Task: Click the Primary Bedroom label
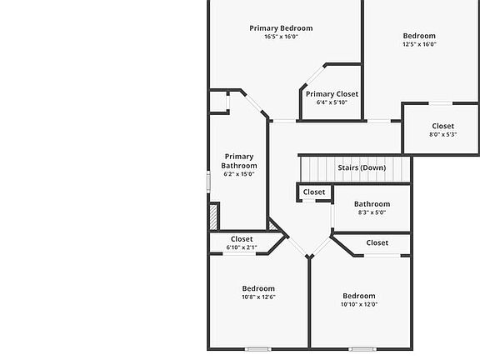tap(281, 28)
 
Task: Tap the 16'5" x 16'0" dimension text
tap(281, 37)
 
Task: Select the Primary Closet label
tap(332, 94)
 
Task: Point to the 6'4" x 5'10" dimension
tap(332, 102)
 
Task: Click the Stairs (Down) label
tap(362, 167)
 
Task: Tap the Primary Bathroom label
tap(239, 161)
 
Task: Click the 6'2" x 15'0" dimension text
tap(239, 174)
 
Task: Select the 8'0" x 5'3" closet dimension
tap(443, 134)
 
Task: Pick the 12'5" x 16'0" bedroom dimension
tap(419, 44)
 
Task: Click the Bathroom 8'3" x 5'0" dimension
tap(372, 212)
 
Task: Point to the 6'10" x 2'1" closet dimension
tap(242, 247)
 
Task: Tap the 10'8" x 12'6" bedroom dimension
tap(258, 297)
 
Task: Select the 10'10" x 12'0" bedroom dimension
tap(359, 304)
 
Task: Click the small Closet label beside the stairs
tap(314, 192)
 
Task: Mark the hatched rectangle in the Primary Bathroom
tap(213, 217)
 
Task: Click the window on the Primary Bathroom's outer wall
tap(208, 182)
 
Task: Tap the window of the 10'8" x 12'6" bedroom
tap(258, 349)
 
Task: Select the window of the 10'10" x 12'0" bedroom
tap(362, 349)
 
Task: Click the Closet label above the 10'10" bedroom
tap(377, 242)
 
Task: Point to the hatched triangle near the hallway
tap(272, 226)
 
